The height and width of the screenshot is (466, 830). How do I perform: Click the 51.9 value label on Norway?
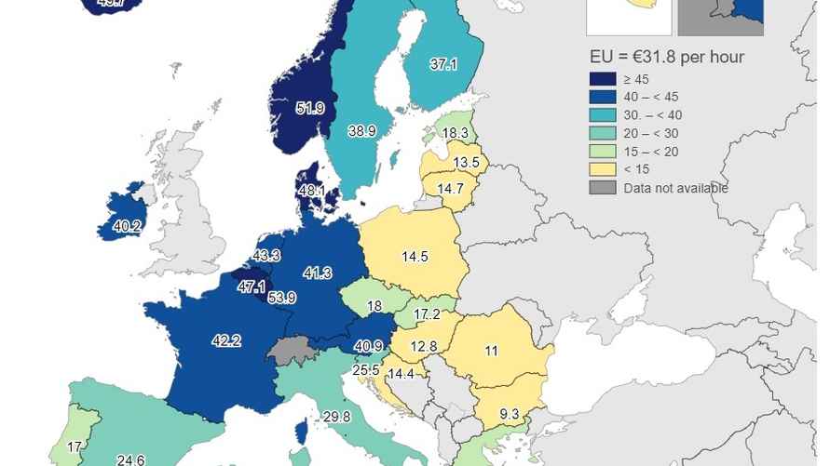coord(310,109)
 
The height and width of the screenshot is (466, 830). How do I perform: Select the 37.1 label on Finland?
coord(443,64)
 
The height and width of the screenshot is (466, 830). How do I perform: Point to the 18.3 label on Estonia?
coord(455,133)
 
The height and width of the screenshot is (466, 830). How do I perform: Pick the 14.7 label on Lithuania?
coord(451,189)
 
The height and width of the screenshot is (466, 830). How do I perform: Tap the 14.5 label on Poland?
coord(415,257)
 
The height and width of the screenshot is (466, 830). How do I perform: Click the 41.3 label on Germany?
coord(318,273)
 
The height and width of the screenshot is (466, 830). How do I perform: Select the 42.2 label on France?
coord(226,340)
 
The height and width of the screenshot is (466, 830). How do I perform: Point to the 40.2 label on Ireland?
coord(127,226)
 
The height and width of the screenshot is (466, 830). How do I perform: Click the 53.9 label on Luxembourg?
coord(282,298)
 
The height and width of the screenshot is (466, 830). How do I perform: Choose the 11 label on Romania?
coord(491,351)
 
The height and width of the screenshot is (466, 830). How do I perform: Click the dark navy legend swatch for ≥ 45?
coord(603,79)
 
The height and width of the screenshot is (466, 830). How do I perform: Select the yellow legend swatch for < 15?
coord(603,168)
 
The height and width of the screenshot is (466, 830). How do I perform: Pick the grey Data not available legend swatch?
coord(603,188)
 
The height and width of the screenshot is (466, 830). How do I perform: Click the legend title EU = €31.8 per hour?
coord(666,57)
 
